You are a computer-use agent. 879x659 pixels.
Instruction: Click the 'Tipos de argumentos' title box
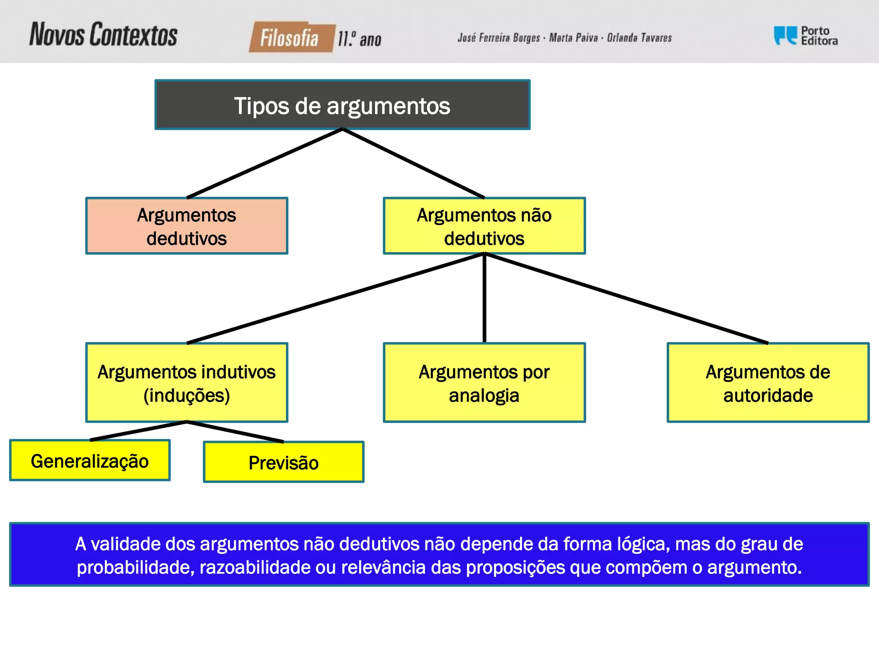point(342,105)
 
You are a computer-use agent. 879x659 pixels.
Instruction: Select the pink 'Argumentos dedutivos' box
point(187,226)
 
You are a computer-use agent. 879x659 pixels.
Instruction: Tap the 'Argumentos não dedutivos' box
point(484,226)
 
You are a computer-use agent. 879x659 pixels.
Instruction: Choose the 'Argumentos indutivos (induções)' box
point(187,383)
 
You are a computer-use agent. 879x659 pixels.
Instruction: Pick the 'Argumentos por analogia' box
point(484,383)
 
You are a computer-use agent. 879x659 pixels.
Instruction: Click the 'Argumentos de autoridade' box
point(768,383)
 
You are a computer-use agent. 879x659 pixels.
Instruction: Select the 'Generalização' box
point(90,461)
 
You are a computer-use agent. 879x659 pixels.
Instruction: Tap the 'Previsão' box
point(284,463)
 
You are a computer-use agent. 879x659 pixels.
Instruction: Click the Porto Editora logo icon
point(785,36)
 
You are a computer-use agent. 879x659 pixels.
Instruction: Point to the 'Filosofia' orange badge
point(291,38)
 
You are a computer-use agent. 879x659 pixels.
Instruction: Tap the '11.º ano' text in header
point(359,39)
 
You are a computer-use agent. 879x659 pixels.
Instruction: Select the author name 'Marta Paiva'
point(573,38)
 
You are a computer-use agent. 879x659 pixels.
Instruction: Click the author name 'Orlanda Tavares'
point(639,38)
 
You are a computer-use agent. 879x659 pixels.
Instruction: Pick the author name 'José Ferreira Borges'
point(498,38)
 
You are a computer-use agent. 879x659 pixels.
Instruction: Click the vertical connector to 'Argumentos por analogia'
point(484,298)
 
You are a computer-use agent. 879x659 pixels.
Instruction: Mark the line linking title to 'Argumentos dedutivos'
point(265,163)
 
